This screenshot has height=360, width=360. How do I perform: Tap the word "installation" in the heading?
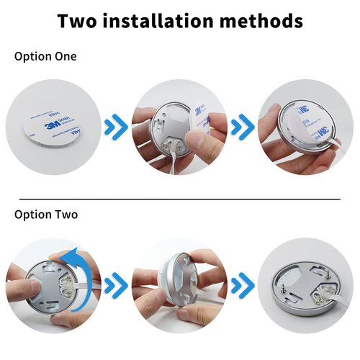[x=176, y=20]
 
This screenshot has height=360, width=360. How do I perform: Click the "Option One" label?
[x=45, y=56]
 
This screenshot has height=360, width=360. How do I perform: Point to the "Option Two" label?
[x=45, y=215]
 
